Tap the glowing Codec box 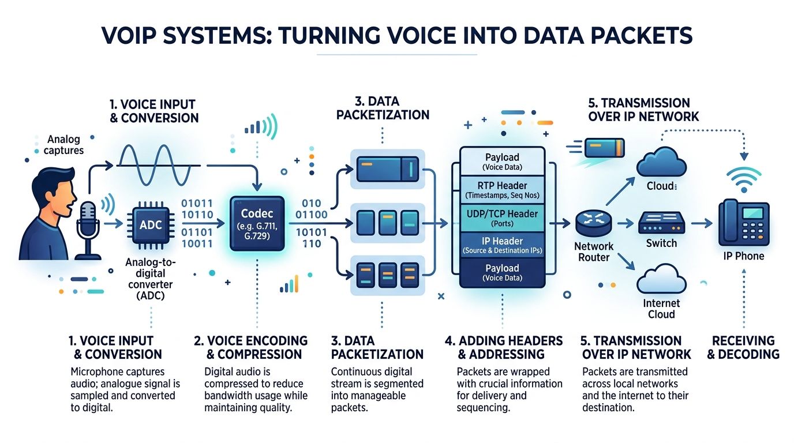(x=257, y=223)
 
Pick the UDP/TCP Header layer (x=502, y=218)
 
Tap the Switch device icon (x=661, y=223)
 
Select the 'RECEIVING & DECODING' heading (x=743, y=347)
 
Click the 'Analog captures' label (x=65, y=145)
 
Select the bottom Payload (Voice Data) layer (x=502, y=272)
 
